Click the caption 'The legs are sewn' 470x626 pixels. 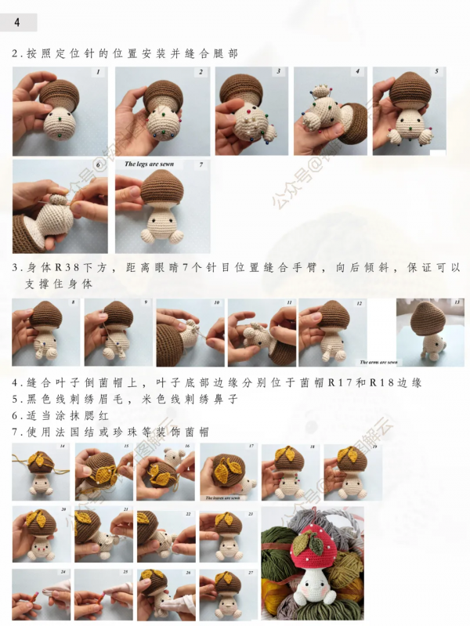point(149,165)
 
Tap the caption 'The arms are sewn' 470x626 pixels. point(378,363)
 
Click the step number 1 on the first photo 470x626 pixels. point(98,72)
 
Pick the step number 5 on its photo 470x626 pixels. point(436,72)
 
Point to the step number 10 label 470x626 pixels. point(216,302)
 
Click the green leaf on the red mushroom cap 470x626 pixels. point(313,537)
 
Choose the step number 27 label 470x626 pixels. point(251,573)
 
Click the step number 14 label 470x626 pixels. point(62,447)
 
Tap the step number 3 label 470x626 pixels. point(278,72)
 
